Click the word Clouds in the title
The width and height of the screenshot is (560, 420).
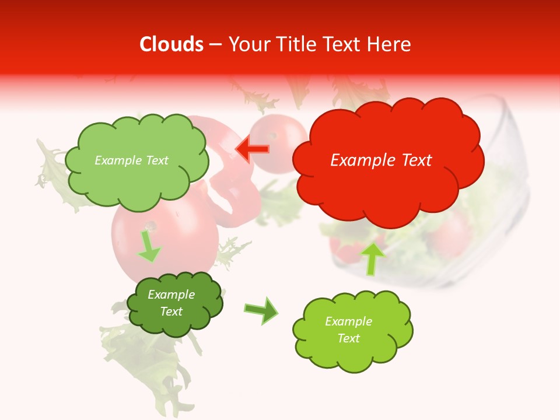coord(171,44)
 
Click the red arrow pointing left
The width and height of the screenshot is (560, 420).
coord(252,149)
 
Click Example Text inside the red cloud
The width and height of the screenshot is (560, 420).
coord(381,160)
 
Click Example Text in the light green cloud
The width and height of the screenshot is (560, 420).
coord(131,160)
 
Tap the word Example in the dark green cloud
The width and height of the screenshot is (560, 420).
coord(171,295)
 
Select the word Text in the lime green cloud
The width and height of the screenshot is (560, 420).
coord(348,338)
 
